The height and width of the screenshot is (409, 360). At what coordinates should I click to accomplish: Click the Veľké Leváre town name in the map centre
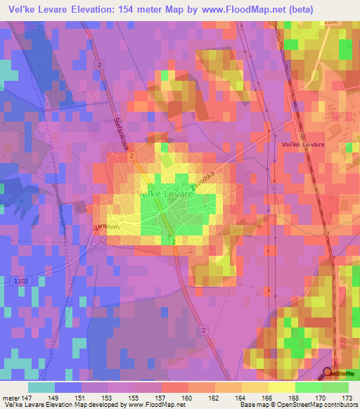[165, 193]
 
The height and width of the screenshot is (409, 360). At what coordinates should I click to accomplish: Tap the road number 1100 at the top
[330, 22]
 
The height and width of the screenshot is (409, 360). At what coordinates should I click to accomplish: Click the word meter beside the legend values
[9, 397]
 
